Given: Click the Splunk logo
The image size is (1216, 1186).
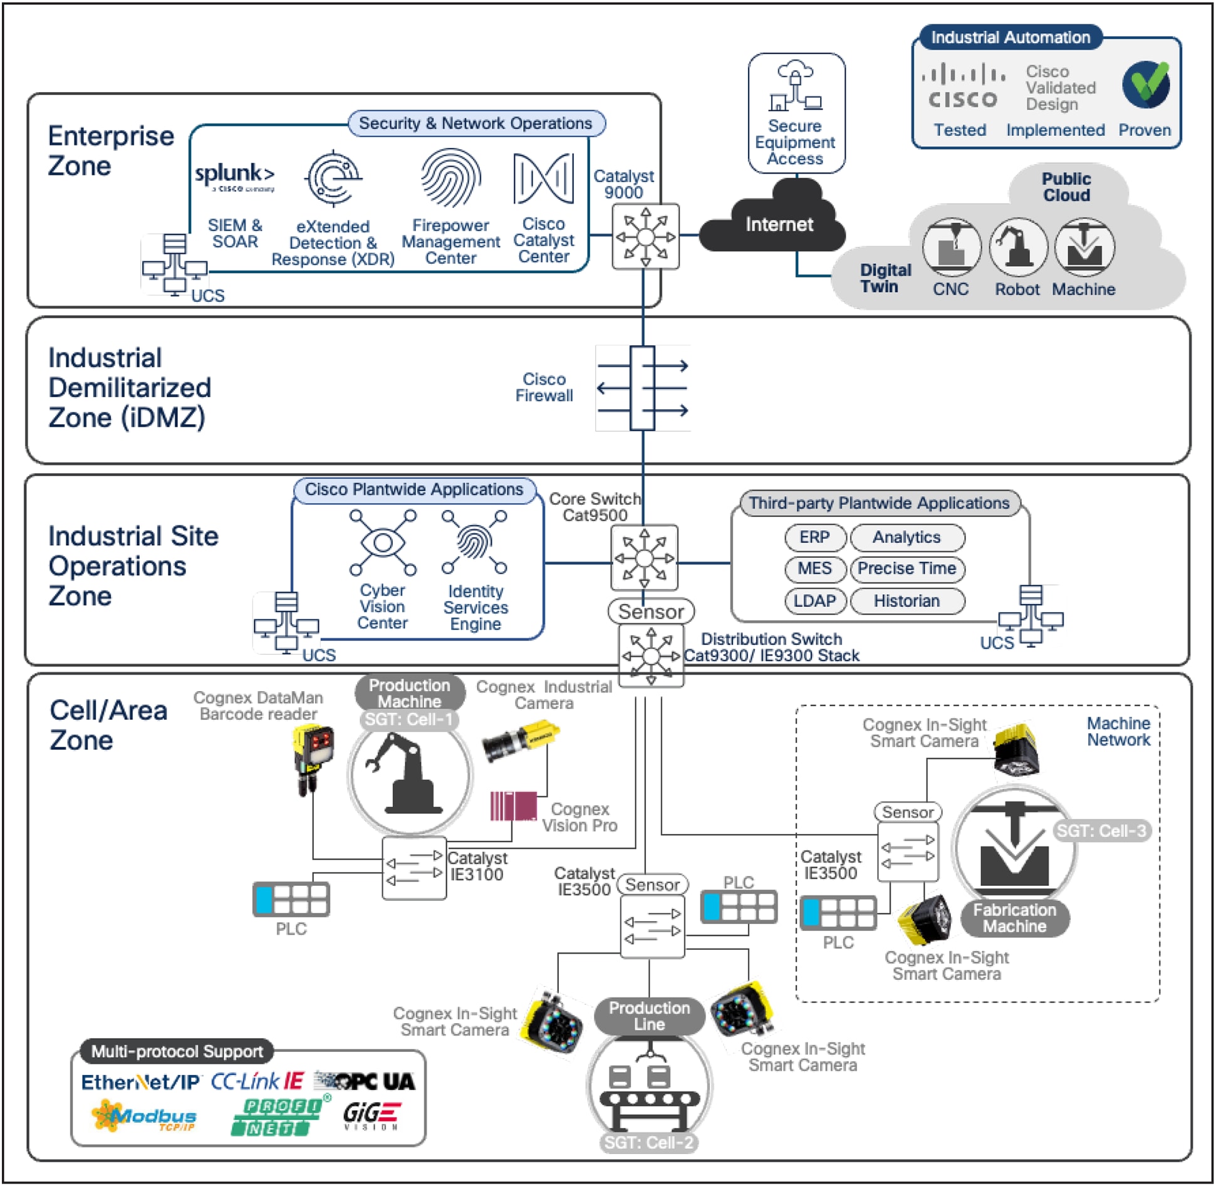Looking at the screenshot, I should (x=234, y=175).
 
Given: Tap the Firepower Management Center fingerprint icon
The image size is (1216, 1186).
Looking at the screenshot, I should (x=450, y=177).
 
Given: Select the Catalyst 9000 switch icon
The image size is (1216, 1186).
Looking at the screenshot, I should (x=645, y=237).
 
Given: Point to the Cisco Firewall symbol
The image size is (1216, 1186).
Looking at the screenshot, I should (x=643, y=388).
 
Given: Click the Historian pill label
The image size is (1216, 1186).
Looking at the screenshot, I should (x=907, y=601).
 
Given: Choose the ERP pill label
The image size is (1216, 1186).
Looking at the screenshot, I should (x=814, y=537).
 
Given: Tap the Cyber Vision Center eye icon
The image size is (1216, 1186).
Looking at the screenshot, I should (x=383, y=543).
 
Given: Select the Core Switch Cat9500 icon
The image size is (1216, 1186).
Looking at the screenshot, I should (x=645, y=557).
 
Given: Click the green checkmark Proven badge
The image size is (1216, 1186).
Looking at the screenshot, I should (x=1146, y=84).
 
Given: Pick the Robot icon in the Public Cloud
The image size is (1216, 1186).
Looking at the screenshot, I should (x=1017, y=247).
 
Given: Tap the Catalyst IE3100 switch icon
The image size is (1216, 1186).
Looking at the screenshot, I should (x=414, y=868).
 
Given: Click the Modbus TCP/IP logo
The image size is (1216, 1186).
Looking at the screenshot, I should (x=144, y=1117).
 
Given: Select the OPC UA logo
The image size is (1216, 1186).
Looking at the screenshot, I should (x=365, y=1081).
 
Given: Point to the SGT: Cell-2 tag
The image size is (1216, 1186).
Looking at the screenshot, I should (x=648, y=1142).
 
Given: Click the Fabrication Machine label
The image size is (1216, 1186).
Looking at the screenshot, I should (x=1014, y=918).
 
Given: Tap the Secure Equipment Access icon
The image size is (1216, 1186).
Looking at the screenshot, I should (x=796, y=87).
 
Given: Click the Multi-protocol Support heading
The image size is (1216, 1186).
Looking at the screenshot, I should (x=177, y=1051).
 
